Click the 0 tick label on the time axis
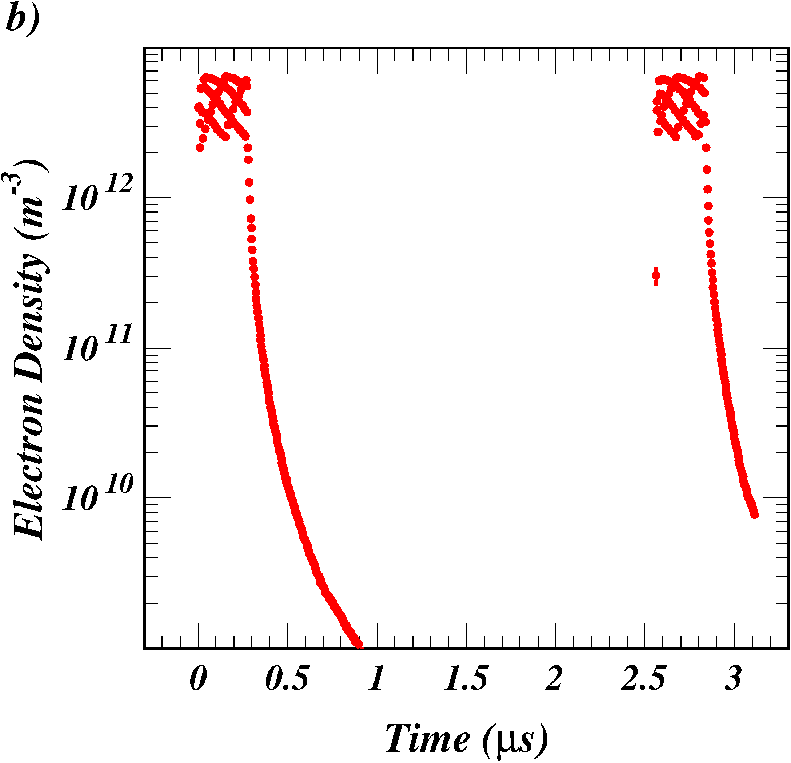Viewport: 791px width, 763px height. pyautogui.click(x=198, y=678)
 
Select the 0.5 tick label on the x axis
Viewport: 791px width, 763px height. pyautogui.click(x=287, y=678)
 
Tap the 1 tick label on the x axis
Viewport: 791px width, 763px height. pyautogui.click(x=376, y=678)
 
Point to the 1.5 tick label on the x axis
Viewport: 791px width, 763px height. pyautogui.click(x=466, y=678)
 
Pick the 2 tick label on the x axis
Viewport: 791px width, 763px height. pyautogui.click(x=554, y=678)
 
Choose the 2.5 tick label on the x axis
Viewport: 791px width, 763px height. pyautogui.click(x=643, y=678)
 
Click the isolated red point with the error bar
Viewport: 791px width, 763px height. pyautogui.click(x=656, y=276)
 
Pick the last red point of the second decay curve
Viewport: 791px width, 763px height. pyautogui.click(x=754, y=514)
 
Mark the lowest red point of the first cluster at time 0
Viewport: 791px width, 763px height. pyautogui.click(x=200, y=148)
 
